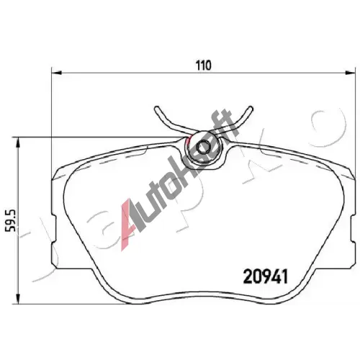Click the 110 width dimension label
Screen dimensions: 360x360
(204, 66)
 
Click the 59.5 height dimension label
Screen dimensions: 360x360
(11, 220)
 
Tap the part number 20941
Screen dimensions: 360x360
(266, 276)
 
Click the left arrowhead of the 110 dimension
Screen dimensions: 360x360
(57, 73)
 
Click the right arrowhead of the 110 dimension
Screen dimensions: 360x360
(350, 73)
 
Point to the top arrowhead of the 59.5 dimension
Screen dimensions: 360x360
(17, 143)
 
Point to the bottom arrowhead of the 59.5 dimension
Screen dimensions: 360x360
(17, 299)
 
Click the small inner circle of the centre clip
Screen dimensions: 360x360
(202, 148)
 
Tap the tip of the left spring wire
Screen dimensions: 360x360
(157, 108)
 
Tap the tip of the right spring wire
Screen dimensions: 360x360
(251, 108)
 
